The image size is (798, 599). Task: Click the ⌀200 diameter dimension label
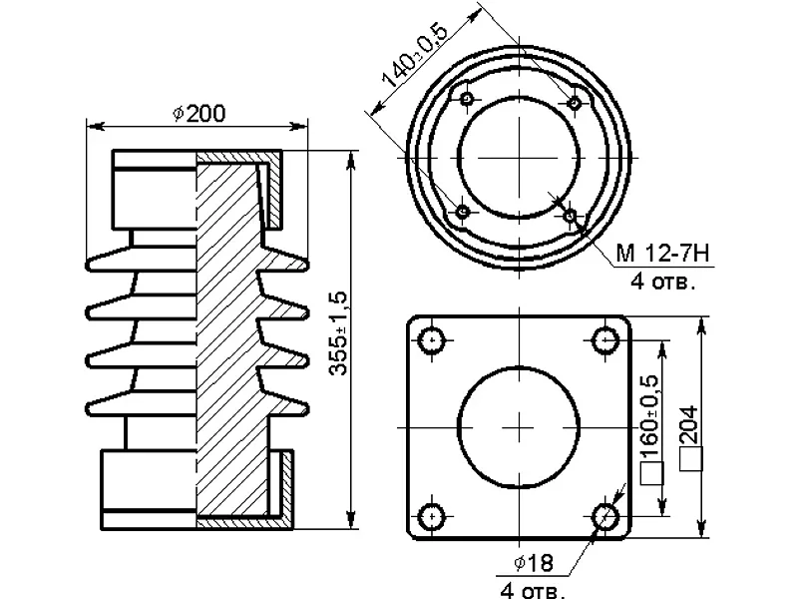coord(199,113)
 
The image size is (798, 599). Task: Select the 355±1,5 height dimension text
coord(337,333)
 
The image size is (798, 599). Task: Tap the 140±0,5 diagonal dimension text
coord(415,55)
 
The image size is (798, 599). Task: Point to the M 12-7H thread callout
coord(662,254)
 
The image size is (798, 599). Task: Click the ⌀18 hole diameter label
coord(534,563)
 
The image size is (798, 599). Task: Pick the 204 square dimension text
coord(689,425)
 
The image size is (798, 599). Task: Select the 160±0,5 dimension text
coord(650,416)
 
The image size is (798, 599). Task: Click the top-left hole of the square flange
coord(432,339)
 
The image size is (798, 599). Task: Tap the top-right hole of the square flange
coord(606,339)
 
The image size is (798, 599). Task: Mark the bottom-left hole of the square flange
coord(432,516)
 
